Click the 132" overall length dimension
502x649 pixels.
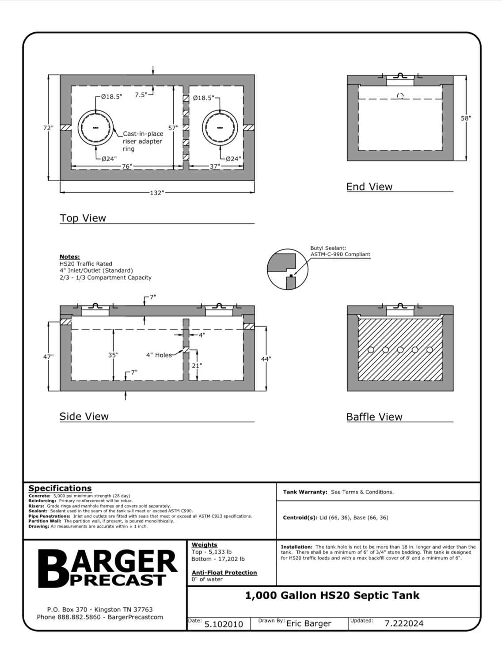point(157,193)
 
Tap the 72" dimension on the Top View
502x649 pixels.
point(48,128)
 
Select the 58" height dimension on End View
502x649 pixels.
point(466,118)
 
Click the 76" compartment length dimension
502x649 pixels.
point(127,167)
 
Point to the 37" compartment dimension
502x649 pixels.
point(215,167)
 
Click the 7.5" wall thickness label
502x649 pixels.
point(141,95)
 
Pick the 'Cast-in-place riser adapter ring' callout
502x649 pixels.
point(143,141)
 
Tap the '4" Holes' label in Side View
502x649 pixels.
point(159,355)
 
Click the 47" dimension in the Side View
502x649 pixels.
point(48,357)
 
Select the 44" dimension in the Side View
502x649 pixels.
point(266,359)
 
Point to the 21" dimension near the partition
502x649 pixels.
point(197,365)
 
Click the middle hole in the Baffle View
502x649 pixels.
point(400,350)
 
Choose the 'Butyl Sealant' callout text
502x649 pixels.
point(340,251)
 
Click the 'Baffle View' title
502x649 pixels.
point(374,417)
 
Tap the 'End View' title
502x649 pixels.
point(369,187)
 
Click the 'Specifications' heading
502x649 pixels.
point(60,488)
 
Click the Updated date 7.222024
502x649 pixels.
point(404,623)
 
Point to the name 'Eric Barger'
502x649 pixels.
point(309,623)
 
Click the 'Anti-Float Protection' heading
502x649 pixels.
point(224,573)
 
